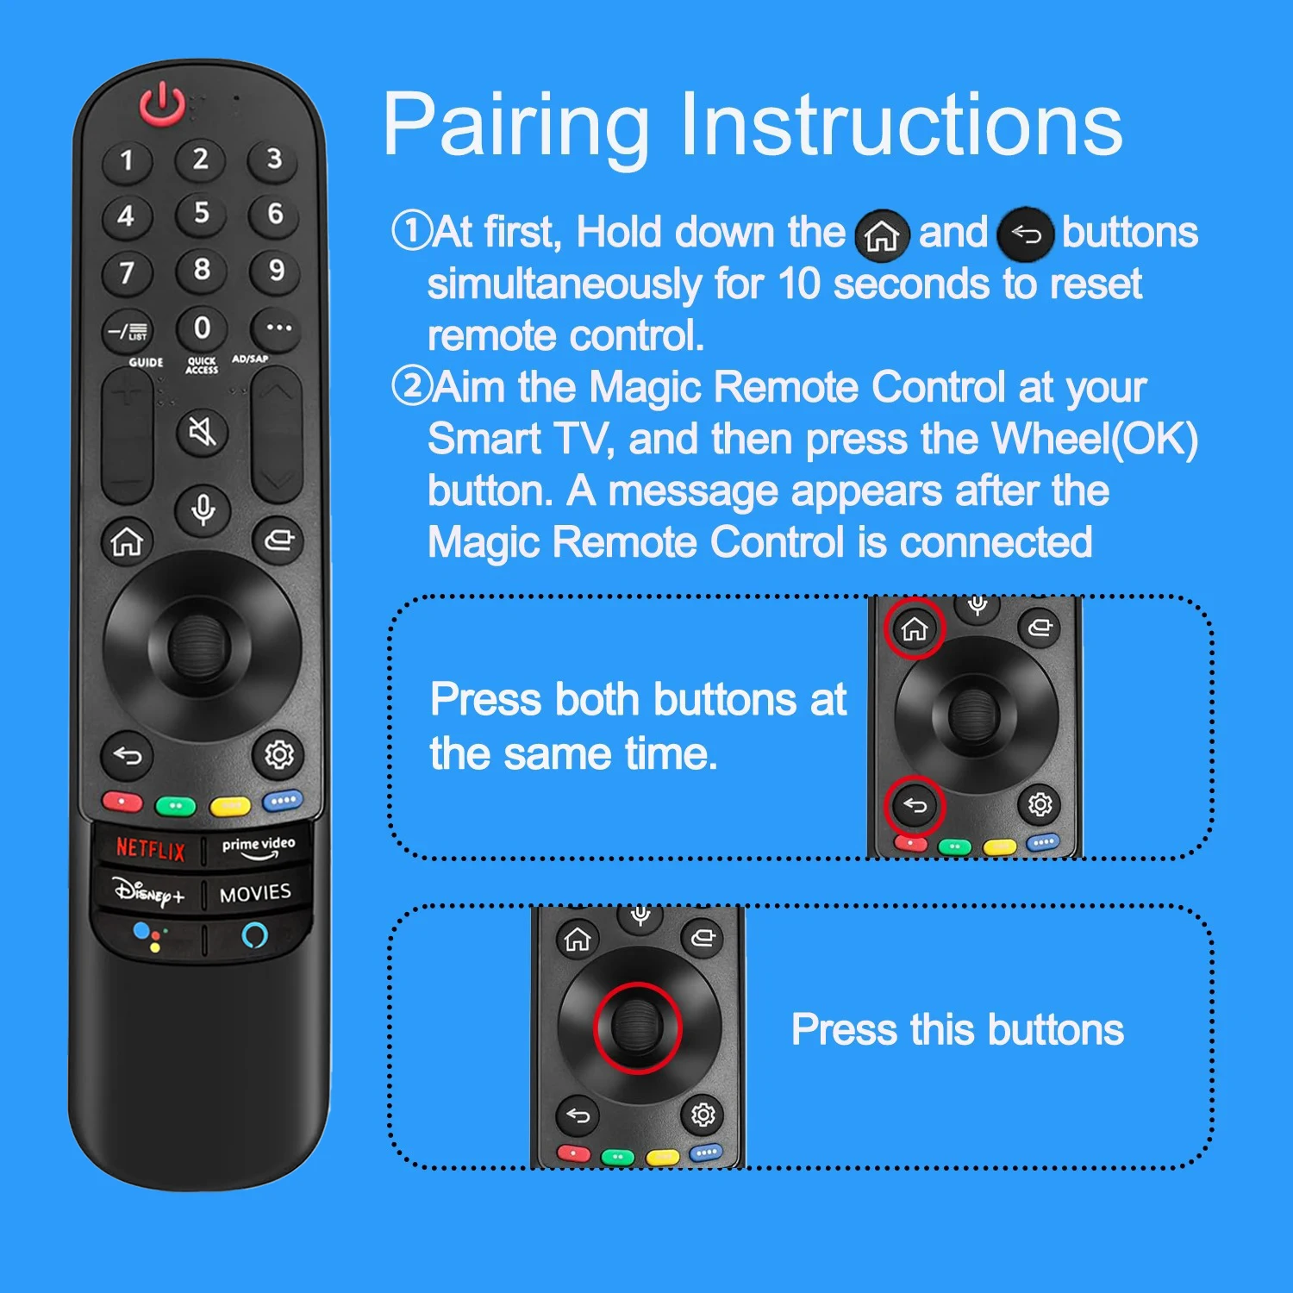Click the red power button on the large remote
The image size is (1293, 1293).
(x=162, y=105)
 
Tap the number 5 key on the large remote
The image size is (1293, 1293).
(x=201, y=213)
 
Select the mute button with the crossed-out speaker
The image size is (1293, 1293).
(x=203, y=430)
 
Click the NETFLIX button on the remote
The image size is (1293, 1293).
(x=151, y=849)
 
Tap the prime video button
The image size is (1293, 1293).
(x=258, y=847)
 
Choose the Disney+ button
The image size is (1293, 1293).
(x=149, y=892)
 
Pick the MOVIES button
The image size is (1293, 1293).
(x=255, y=894)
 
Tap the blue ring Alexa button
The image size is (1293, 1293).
(x=255, y=935)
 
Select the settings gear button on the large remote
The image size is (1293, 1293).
(x=278, y=755)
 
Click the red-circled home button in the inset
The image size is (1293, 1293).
(x=914, y=629)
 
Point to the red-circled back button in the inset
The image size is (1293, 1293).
(x=915, y=805)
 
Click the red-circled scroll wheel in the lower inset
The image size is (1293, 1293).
(x=637, y=1028)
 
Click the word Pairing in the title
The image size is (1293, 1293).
(x=515, y=127)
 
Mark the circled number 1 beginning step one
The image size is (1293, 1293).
(x=411, y=231)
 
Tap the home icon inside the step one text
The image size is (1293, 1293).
(x=882, y=234)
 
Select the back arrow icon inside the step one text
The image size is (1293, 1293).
(x=1025, y=234)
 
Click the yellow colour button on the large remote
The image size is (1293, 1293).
(x=230, y=806)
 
